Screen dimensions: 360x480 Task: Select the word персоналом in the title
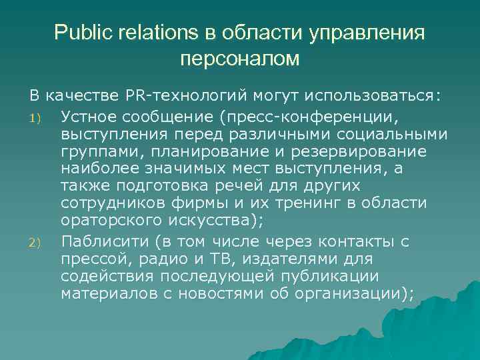point(240,59)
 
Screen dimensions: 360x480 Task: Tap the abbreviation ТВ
point(203,257)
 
